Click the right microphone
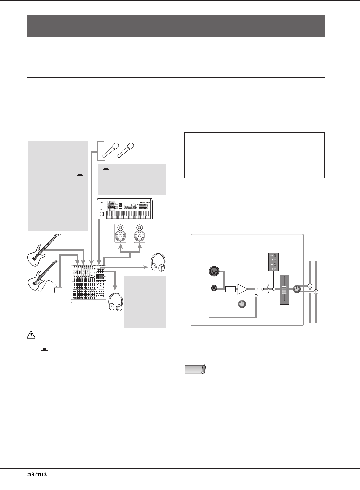pyautogui.click(x=126, y=150)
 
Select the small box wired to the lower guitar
pyautogui.click(x=58, y=290)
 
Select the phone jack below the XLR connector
pyautogui.click(x=214, y=288)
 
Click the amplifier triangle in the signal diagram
pyautogui.click(x=242, y=289)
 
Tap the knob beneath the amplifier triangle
pyautogui.click(x=242, y=304)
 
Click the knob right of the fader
pyautogui.click(x=297, y=289)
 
